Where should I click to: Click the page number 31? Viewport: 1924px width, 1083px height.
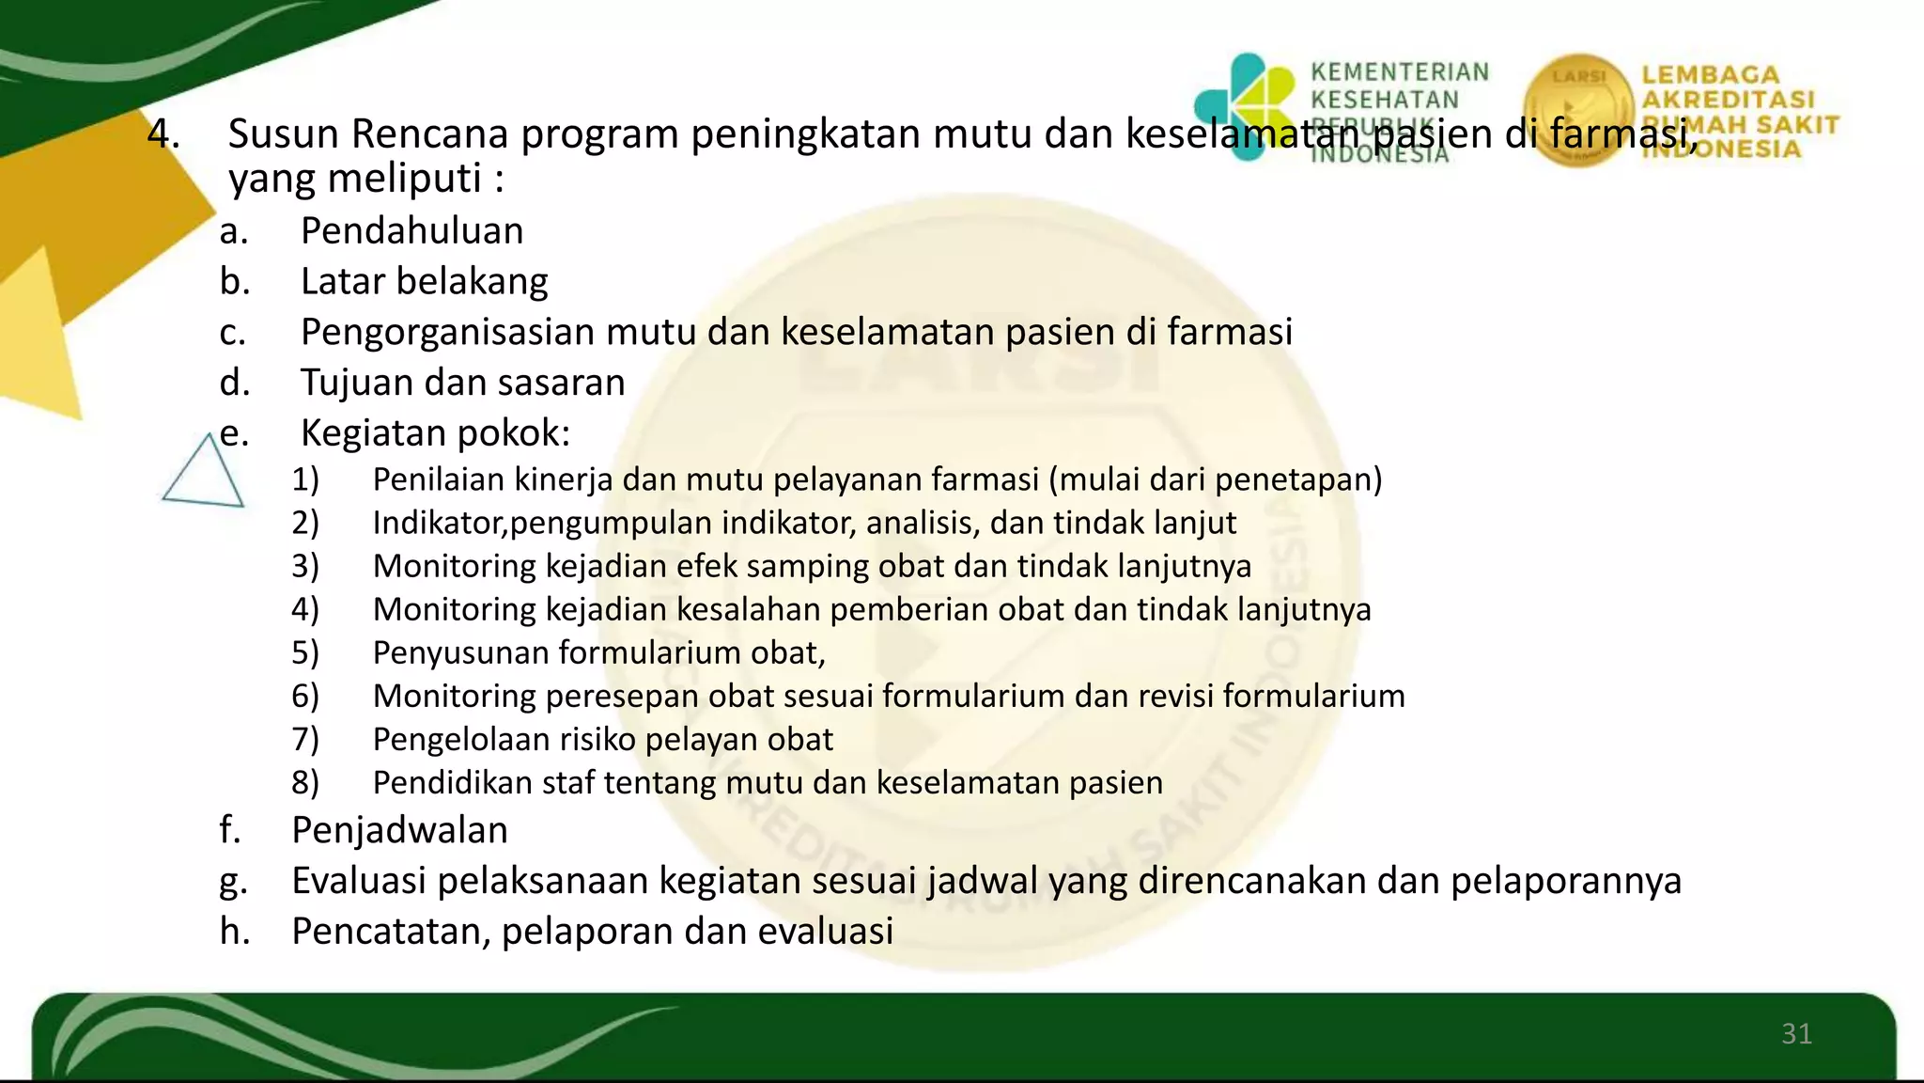point(1796,1034)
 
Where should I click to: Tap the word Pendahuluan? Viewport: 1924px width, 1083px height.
point(411,231)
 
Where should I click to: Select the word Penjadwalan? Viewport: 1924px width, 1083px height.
point(399,830)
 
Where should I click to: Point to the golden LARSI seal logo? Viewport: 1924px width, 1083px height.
point(1578,110)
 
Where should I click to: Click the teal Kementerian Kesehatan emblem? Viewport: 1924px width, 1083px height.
point(1246,105)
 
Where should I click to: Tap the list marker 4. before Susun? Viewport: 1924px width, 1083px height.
point(163,133)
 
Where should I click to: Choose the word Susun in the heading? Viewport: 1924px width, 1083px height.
point(284,133)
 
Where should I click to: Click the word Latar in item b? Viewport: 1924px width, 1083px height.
point(341,281)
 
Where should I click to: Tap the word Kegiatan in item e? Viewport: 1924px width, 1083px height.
point(371,433)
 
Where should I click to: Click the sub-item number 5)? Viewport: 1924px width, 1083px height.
point(305,652)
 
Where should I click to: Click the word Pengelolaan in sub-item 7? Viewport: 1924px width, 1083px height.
point(461,740)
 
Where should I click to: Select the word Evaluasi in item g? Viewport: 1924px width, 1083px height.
point(358,881)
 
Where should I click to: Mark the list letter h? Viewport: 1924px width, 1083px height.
point(234,932)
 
